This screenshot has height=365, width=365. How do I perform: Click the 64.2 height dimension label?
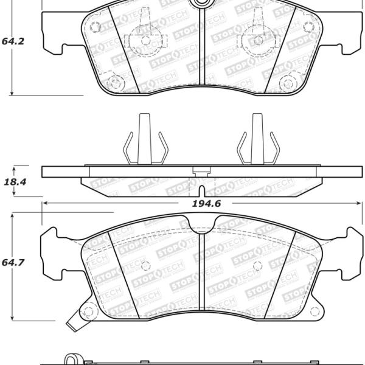click(13, 41)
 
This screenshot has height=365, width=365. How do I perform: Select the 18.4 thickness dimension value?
click(15, 182)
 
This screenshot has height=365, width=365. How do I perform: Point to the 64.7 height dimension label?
click(13, 263)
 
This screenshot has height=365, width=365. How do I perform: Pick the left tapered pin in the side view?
click(145, 139)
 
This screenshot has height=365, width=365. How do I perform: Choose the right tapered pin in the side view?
click(257, 139)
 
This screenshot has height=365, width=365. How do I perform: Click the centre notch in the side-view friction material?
click(201, 191)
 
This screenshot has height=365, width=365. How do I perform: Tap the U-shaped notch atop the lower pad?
click(202, 224)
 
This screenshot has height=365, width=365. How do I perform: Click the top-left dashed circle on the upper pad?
click(95, 27)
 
